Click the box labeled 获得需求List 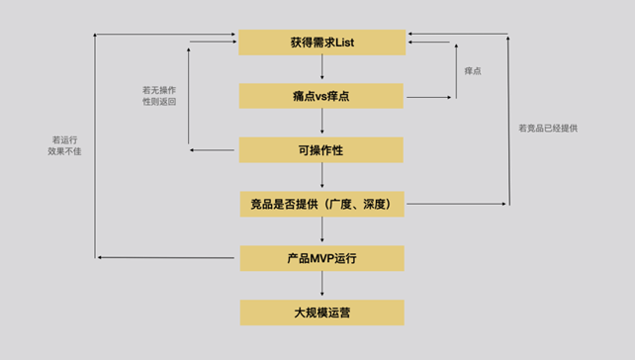[x=321, y=43]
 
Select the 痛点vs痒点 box [x=321, y=97]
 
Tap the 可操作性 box [x=321, y=150]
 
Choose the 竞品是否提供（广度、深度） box [x=321, y=205]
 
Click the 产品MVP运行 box [x=321, y=258]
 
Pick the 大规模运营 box [x=321, y=313]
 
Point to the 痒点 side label [x=473, y=71]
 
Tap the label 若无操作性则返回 [x=159, y=95]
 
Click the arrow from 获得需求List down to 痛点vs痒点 [x=322, y=69]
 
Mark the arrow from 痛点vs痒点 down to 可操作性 [x=322, y=124]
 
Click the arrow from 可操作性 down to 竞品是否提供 [x=322, y=177]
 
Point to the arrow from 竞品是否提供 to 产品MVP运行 [x=322, y=231]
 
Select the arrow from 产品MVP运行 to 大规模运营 [x=322, y=286]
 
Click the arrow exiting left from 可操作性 [x=213, y=150]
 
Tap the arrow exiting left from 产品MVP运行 [x=168, y=258]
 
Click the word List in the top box [x=344, y=43]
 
